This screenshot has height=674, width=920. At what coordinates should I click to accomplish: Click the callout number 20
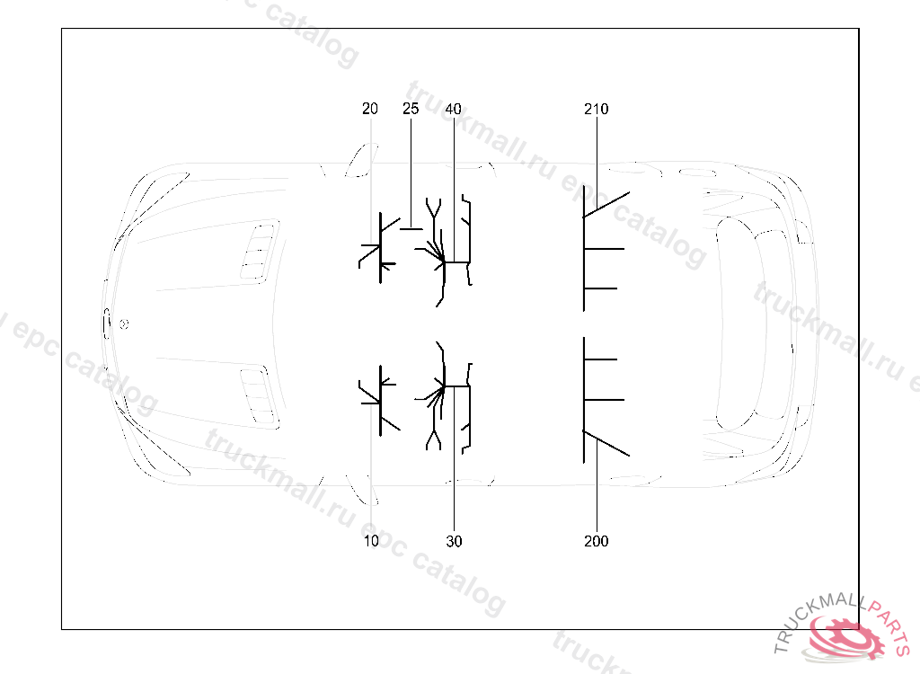coord(369,109)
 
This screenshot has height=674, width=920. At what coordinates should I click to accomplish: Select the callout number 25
coord(411,109)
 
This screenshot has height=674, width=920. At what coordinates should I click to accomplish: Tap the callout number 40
coord(453,110)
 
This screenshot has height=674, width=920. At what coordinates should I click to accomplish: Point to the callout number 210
coord(597,110)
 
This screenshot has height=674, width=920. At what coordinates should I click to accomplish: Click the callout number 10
coord(371,541)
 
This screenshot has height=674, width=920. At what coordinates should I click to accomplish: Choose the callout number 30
coord(454,541)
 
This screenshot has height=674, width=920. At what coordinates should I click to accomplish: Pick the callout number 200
coord(597,541)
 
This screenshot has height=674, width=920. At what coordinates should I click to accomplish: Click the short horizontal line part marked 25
coord(411,229)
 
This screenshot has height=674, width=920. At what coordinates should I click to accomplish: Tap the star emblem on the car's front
coord(124,324)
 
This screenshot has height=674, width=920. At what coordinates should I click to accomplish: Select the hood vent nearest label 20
coord(259,253)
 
